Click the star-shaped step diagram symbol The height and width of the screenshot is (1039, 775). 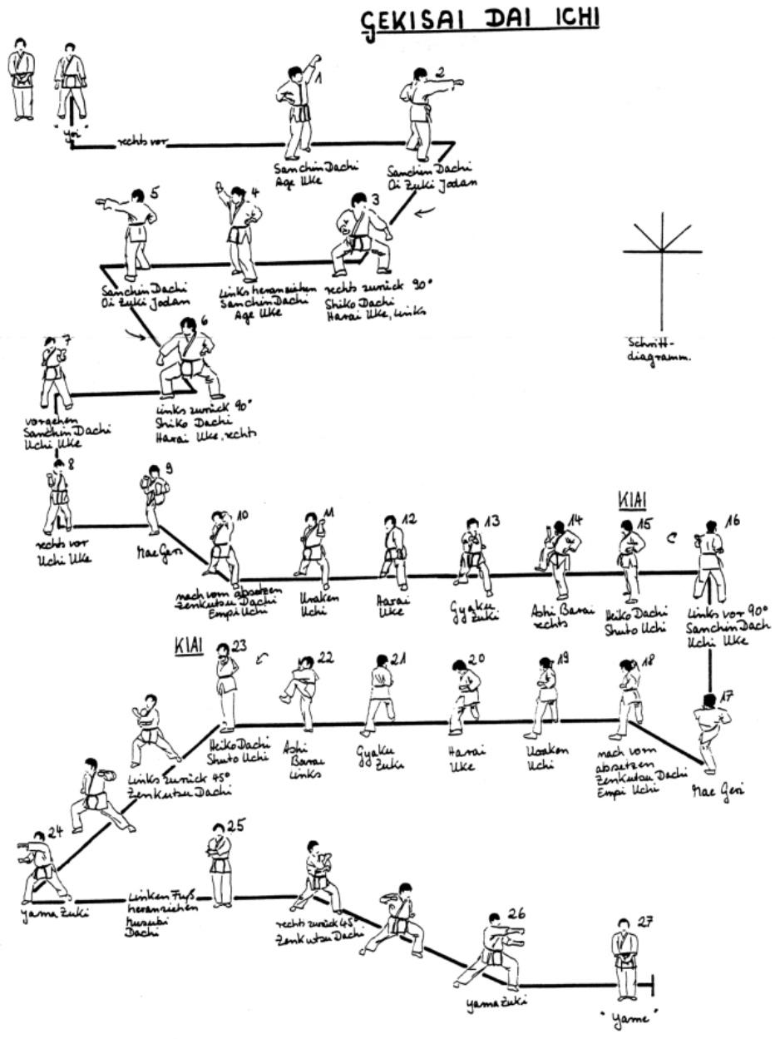(x=662, y=250)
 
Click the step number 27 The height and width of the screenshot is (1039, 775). (x=646, y=922)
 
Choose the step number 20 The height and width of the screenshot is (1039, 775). (x=476, y=660)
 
